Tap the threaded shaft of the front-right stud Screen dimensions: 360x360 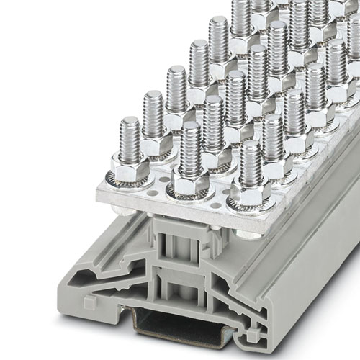coord(250,162)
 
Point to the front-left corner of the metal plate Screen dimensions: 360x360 coord(99,195)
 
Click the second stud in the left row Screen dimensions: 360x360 coord(153,115)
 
